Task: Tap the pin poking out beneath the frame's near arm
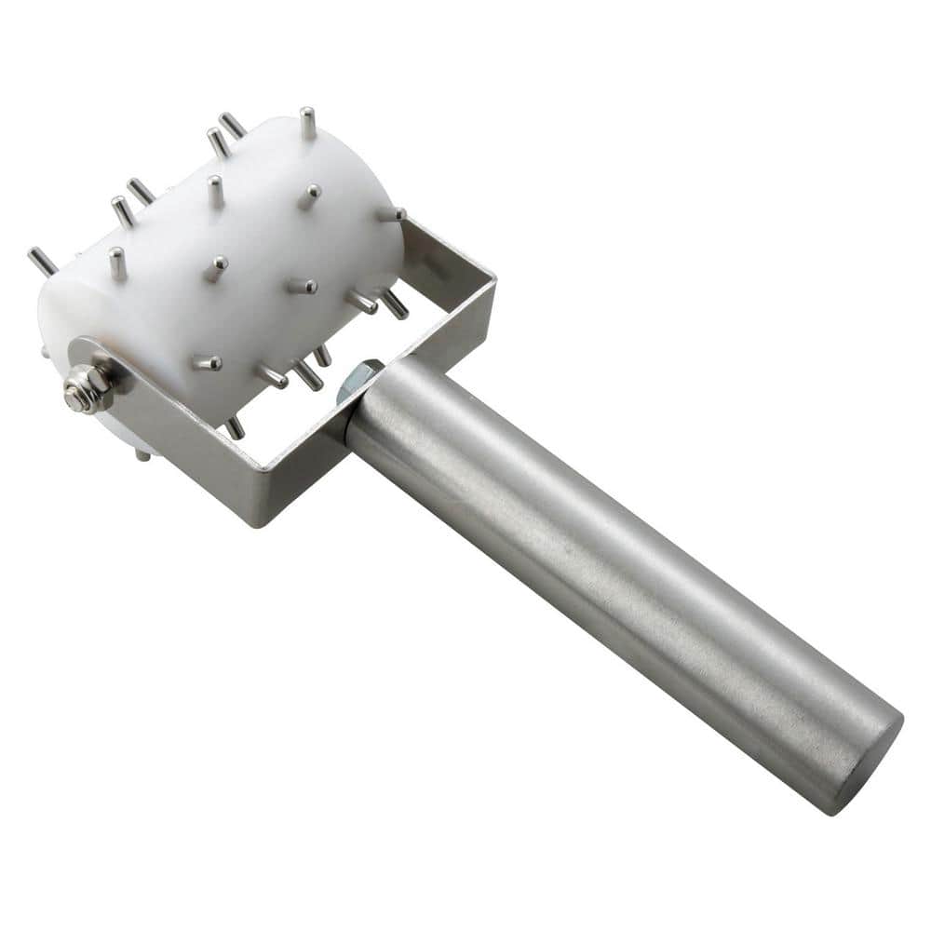[142, 454]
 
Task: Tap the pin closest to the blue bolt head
[321, 355]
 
